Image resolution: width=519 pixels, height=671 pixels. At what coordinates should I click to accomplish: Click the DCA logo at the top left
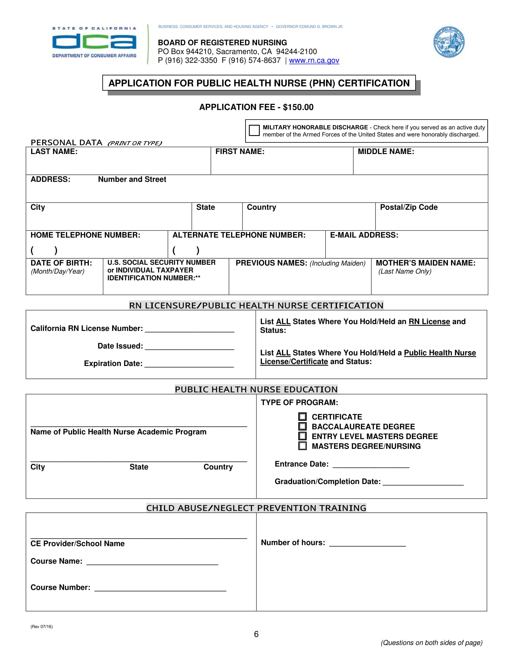(x=94, y=42)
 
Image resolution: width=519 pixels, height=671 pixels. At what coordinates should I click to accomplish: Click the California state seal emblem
(x=448, y=42)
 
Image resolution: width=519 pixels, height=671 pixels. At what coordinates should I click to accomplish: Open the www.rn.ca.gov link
(x=314, y=60)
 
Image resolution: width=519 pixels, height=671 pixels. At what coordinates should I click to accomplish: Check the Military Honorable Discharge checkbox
(x=254, y=130)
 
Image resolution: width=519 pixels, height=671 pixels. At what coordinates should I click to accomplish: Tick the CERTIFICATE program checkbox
(x=303, y=417)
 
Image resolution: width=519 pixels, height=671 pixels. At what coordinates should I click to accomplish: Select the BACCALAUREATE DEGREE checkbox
(x=303, y=426)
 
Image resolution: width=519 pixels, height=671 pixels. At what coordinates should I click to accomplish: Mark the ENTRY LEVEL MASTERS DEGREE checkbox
(x=303, y=436)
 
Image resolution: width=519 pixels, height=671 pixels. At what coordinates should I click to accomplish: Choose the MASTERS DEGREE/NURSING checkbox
(x=303, y=446)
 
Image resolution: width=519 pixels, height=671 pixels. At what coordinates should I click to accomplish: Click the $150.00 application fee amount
(x=298, y=107)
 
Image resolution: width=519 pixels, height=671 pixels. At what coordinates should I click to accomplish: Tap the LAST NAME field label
(x=54, y=152)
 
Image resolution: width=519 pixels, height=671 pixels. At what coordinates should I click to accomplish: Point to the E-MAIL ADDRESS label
(x=364, y=235)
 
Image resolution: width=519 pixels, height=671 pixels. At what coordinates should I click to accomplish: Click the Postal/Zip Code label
(x=408, y=207)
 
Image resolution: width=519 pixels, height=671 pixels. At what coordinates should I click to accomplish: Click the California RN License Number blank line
(x=189, y=329)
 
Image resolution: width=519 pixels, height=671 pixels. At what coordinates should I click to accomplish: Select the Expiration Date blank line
(x=189, y=364)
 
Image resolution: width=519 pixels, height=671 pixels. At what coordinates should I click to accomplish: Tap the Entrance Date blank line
(x=371, y=465)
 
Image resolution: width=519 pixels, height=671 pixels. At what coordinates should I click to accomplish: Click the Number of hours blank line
(x=367, y=544)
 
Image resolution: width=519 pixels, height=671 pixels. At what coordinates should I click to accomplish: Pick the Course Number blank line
(x=160, y=588)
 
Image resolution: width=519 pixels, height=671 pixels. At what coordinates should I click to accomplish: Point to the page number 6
(x=256, y=634)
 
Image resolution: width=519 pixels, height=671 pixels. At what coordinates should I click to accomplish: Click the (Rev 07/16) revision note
(x=42, y=626)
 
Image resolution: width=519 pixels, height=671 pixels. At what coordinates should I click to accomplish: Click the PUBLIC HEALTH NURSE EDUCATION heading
(x=256, y=389)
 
